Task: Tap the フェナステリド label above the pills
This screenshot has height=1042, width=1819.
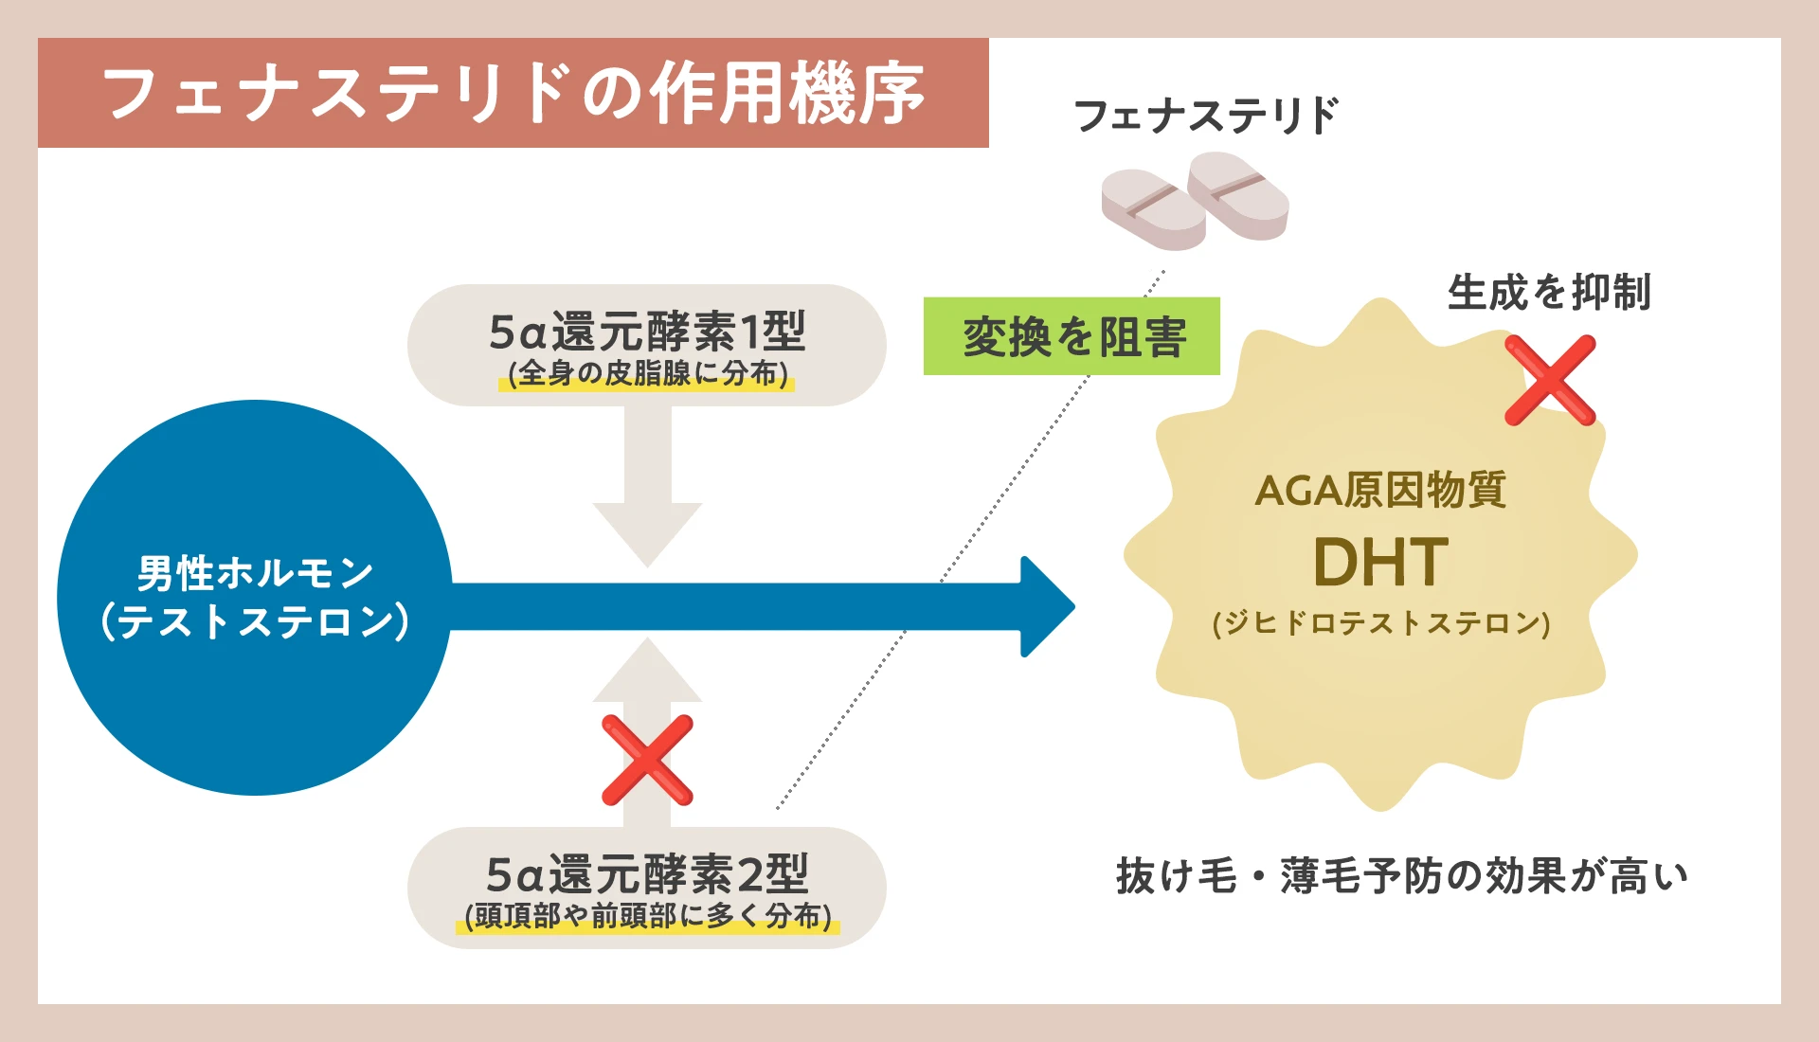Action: point(1205,117)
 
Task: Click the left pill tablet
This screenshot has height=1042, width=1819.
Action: point(1153,209)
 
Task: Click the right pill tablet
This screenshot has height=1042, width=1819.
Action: point(1238,196)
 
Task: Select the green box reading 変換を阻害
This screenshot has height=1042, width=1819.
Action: point(1072,337)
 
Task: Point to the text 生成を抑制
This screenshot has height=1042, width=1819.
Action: point(1549,292)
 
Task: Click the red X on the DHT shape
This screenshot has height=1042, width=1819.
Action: point(1550,380)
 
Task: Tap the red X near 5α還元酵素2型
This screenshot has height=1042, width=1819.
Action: point(647,760)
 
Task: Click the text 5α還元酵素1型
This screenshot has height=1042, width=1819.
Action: point(646,332)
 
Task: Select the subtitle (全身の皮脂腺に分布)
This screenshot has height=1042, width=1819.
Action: point(647,373)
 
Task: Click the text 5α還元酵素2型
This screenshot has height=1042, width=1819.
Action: point(646,873)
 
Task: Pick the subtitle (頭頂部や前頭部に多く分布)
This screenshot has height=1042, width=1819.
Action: point(647,916)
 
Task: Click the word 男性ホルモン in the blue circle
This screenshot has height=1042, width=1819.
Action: point(255,573)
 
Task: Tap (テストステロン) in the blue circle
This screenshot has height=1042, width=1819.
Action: point(255,621)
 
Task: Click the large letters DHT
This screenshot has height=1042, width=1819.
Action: point(1380,563)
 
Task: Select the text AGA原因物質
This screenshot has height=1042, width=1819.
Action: point(1380,491)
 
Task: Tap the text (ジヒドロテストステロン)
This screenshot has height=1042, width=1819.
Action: point(1380,623)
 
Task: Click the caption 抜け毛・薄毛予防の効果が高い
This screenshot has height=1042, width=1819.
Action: point(1402,876)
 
